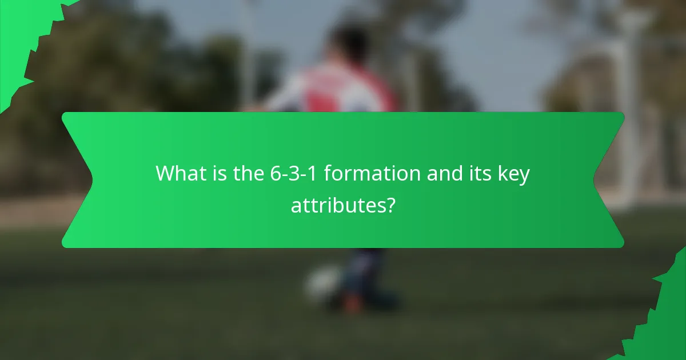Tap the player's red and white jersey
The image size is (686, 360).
[x=332, y=91]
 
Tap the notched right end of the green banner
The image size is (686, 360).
[x=609, y=180]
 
